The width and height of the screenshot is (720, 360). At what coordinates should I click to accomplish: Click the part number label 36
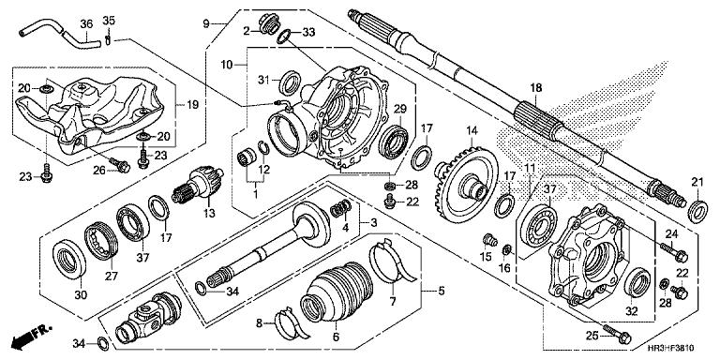pos(85,22)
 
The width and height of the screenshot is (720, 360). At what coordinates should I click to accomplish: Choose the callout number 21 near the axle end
pos(697,181)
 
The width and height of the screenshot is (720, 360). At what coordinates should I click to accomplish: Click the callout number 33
pos(309,33)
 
